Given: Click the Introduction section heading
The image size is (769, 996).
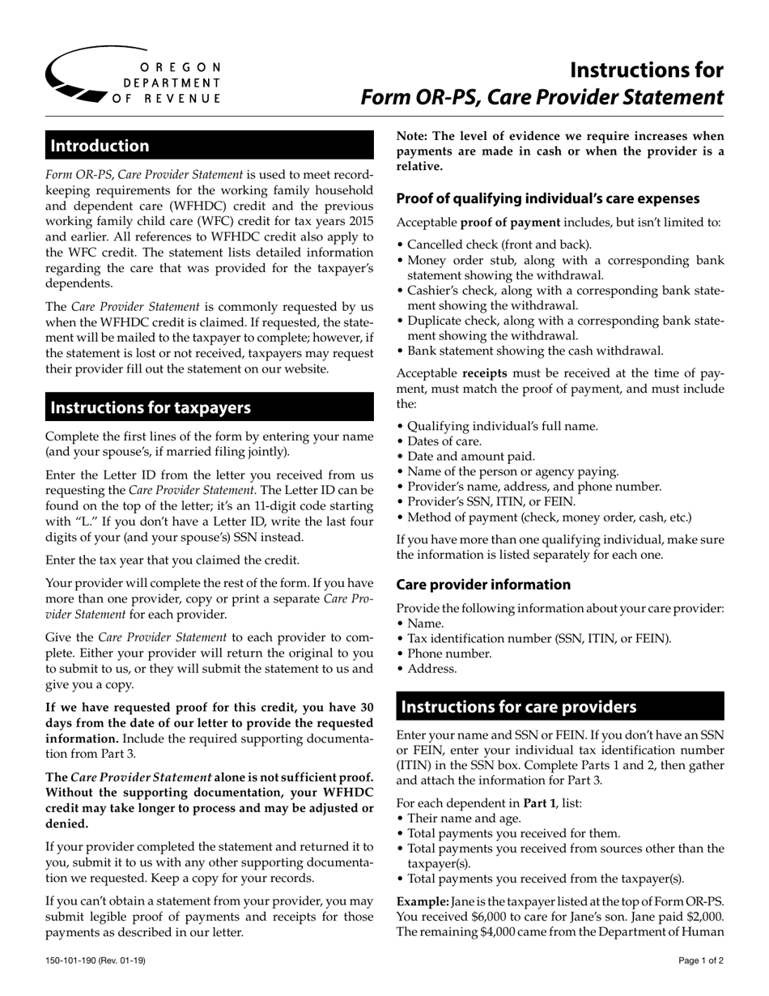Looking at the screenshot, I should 100,146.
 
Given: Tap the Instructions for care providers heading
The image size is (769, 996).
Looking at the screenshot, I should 519,707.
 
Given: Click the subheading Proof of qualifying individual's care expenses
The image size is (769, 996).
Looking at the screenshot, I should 548,198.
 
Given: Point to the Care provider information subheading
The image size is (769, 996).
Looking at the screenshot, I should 483,585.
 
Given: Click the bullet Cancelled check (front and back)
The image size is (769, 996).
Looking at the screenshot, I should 499,245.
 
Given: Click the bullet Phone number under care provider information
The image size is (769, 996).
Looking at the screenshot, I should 449,653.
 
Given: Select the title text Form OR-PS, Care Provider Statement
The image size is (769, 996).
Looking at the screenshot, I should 542,97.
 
